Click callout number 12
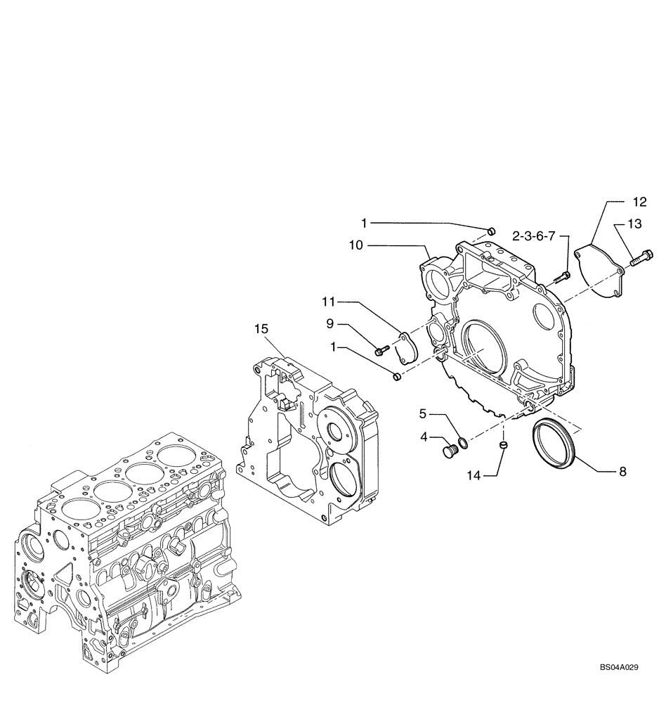point(639,202)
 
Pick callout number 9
point(330,324)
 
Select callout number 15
point(261,328)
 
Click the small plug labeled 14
point(504,446)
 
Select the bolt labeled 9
point(381,347)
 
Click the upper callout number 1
point(365,223)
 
